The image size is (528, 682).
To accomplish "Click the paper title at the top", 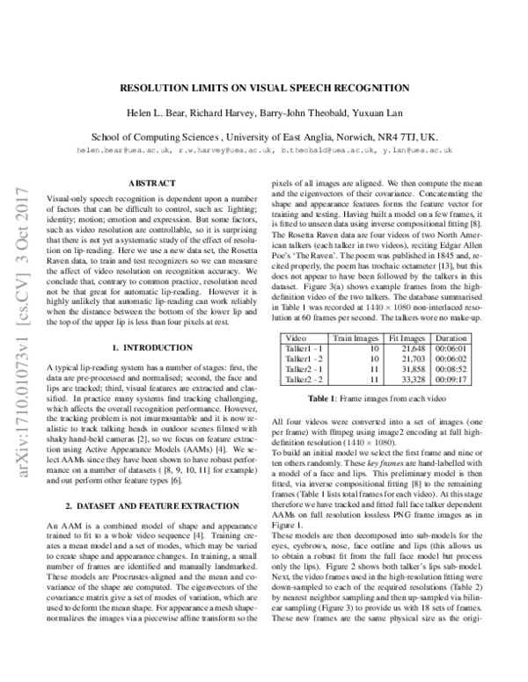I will [264, 89].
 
